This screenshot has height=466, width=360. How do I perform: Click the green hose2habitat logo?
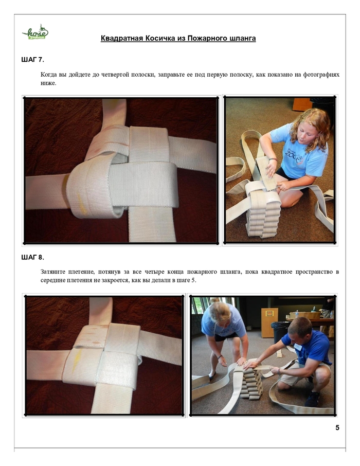point(35,32)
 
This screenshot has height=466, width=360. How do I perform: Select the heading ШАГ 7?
point(33,60)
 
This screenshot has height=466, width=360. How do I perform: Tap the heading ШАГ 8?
point(33,257)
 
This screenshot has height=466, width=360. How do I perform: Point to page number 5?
point(337,427)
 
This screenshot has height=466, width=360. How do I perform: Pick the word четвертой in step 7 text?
point(113,75)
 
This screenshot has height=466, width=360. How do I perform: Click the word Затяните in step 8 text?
point(52,272)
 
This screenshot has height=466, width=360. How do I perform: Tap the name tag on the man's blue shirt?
point(298,347)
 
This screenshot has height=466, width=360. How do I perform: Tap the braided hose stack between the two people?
point(250,383)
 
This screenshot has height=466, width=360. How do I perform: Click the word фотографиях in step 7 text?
point(321,75)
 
